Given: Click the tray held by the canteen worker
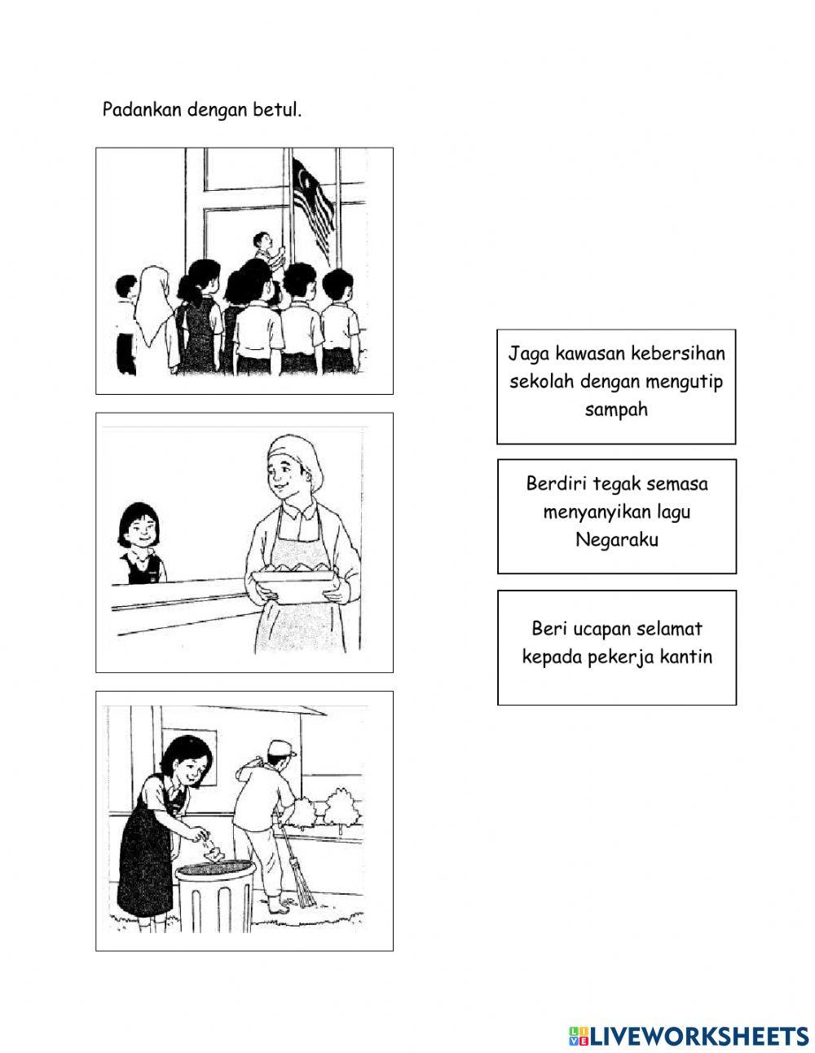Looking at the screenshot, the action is (293, 585).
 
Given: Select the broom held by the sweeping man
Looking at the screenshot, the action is (297, 873).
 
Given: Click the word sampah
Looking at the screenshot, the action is (615, 409).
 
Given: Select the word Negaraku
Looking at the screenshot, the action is (617, 539).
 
